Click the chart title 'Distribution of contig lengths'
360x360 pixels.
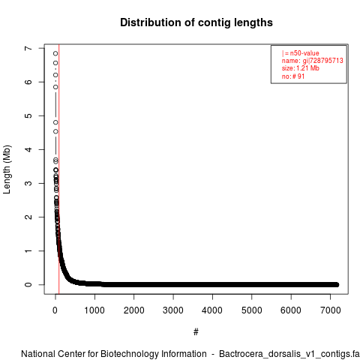coord(196,22)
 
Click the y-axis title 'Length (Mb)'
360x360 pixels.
coord(7,169)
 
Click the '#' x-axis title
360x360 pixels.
coord(196,332)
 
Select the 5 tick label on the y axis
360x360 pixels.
coord(28,115)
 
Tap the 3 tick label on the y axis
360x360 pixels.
coord(28,183)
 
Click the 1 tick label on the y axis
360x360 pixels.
coord(28,250)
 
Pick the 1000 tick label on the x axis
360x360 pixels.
coord(94,310)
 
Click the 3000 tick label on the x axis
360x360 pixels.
coord(173,310)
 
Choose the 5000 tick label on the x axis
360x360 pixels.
coord(252,310)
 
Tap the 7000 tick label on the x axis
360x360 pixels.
coord(331,310)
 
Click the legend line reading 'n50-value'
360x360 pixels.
coord(301,53)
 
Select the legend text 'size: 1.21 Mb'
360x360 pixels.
coord(301,68)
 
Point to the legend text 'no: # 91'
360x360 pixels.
coord(293,76)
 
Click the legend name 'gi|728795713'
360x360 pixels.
coord(322,61)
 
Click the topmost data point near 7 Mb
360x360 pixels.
coord(55,53)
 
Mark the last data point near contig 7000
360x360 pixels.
coord(337,284)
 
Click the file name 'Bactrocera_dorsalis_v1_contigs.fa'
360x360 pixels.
coord(289,354)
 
